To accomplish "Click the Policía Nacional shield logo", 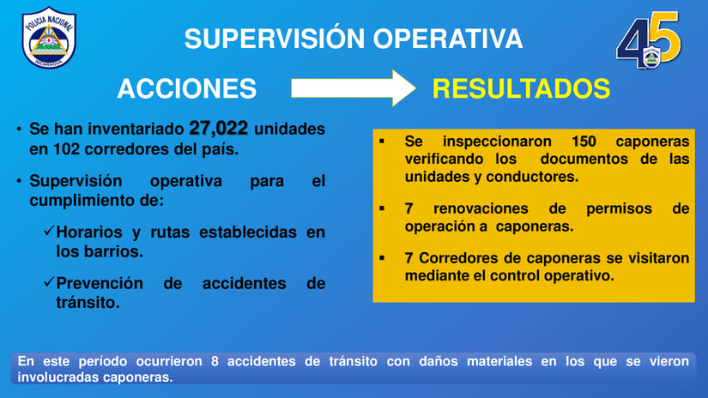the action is [x=49, y=38].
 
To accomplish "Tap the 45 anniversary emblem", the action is [x=649, y=40].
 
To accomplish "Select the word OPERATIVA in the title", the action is [x=447, y=39].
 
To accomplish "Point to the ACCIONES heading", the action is [x=186, y=88].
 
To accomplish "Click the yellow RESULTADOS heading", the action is [x=521, y=88].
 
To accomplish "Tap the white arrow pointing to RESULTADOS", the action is [x=353, y=88].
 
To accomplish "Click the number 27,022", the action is [x=218, y=128].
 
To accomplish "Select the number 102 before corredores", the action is [x=66, y=149].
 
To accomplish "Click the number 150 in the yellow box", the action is [x=584, y=142].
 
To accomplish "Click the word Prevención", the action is [x=100, y=283].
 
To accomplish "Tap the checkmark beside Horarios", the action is [x=49, y=231].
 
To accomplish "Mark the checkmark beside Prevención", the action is [x=49, y=282].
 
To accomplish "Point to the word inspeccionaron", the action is [x=497, y=142].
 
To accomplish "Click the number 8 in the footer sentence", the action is [x=215, y=361].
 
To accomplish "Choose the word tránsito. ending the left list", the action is [x=88, y=302].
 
